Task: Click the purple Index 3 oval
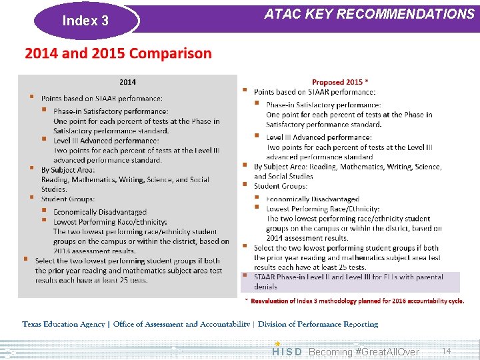[85, 21]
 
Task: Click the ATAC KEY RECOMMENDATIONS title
[369, 14]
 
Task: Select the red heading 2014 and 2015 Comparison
[118, 53]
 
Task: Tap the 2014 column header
[127, 82]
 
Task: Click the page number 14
[447, 351]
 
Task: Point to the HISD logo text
[287, 351]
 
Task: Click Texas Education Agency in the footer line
[64, 324]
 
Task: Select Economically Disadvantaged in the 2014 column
[100, 212]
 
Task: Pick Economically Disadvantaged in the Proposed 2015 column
[312, 199]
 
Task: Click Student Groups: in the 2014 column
[67, 199]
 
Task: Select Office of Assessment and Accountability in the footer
[182, 324]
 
